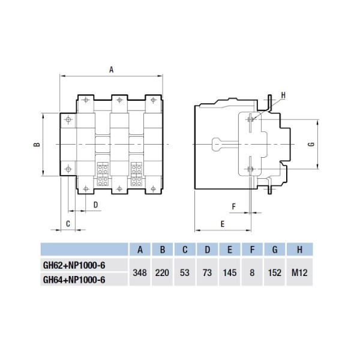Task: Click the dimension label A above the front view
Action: (x=111, y=69)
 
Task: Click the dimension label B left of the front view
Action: (x=36, y=145)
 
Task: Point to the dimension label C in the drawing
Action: (x=68, y=223)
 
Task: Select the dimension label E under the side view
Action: (x=222, y=223)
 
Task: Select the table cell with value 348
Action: (x=140, y=272)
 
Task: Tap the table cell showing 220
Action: (x=161, y=272)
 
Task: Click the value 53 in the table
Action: (x=184, y=272)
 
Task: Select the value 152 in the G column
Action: (x=273, y=272)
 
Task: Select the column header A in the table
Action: (x=140, y=250)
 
